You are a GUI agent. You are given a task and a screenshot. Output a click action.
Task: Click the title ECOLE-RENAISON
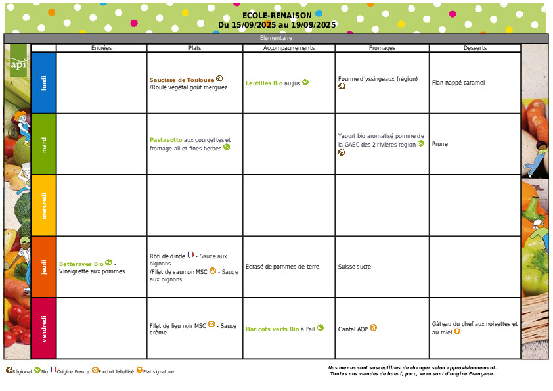pos(276,16)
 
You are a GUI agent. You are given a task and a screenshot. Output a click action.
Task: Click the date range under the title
pos(276,25)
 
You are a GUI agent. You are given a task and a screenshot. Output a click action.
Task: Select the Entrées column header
pos(101,48)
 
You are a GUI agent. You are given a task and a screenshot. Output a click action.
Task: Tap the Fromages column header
pos(382,48)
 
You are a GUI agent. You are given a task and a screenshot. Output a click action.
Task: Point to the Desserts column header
pos(475,48)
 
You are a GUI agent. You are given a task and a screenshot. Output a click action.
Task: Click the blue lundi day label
pos(44,83)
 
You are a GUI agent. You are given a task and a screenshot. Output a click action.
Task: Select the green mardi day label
pos(44,144)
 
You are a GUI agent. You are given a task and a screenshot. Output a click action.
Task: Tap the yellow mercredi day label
pos(44,205)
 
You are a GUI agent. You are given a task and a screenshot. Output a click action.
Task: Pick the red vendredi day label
pos(44,328)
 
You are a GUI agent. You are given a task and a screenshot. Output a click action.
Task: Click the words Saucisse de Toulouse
pos(182,80)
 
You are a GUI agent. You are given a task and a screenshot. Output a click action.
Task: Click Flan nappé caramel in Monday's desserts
pos(458,83)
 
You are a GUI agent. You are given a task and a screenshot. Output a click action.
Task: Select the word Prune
pos(440,144)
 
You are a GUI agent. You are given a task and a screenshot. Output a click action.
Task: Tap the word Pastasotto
pos(166,140)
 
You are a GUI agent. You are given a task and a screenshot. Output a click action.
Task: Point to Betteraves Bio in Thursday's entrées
pos(81,264)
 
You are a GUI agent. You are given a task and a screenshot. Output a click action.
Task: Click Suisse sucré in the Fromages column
pos(355,267)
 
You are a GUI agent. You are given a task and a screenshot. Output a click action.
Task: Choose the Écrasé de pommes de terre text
pos(282,267)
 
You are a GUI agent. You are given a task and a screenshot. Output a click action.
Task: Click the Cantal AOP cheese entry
pos(353,329)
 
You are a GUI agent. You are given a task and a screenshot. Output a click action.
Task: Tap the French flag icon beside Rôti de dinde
pos(191,254)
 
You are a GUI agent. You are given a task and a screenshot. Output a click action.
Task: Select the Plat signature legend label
pos(158,372)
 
